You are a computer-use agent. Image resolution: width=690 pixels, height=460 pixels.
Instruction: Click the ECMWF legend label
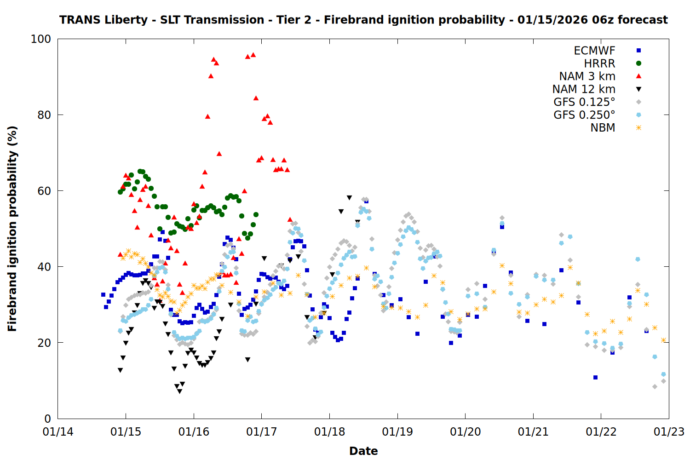coord(594,51)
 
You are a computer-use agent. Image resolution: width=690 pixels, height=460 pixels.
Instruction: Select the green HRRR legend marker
coord(638,63)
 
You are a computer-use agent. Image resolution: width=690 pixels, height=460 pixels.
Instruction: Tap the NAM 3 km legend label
coord(587,76)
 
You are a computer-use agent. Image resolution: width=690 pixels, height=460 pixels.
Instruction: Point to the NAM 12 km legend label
coord(584,89)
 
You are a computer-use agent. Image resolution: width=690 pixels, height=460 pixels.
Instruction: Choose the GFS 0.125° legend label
coord(584,102)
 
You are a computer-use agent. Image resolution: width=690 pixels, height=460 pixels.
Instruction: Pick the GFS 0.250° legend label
coord(584,115)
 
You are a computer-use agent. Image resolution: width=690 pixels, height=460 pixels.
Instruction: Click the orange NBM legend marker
coord(638,128)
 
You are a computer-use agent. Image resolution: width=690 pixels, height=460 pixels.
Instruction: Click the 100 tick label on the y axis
coord(41,39)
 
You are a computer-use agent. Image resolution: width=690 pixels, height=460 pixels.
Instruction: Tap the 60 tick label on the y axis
coord(44,191)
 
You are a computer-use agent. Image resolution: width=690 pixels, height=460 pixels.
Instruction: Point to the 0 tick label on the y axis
coord(47,419)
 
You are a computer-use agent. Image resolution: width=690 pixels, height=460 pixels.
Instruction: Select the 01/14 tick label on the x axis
coord(58,432)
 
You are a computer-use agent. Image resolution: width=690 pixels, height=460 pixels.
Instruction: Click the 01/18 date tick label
coord(329,432)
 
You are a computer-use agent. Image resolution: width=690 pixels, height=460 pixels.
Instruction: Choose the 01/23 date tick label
coord(669,432)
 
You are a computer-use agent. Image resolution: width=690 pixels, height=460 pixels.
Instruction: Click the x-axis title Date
coord(363,451)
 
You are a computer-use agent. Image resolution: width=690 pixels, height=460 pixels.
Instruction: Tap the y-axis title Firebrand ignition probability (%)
coord(12,229)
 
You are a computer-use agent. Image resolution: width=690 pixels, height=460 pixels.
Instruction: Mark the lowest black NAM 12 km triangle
coord(179,391)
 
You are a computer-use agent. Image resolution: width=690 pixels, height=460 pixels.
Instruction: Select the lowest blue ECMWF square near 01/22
coord(595,377)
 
